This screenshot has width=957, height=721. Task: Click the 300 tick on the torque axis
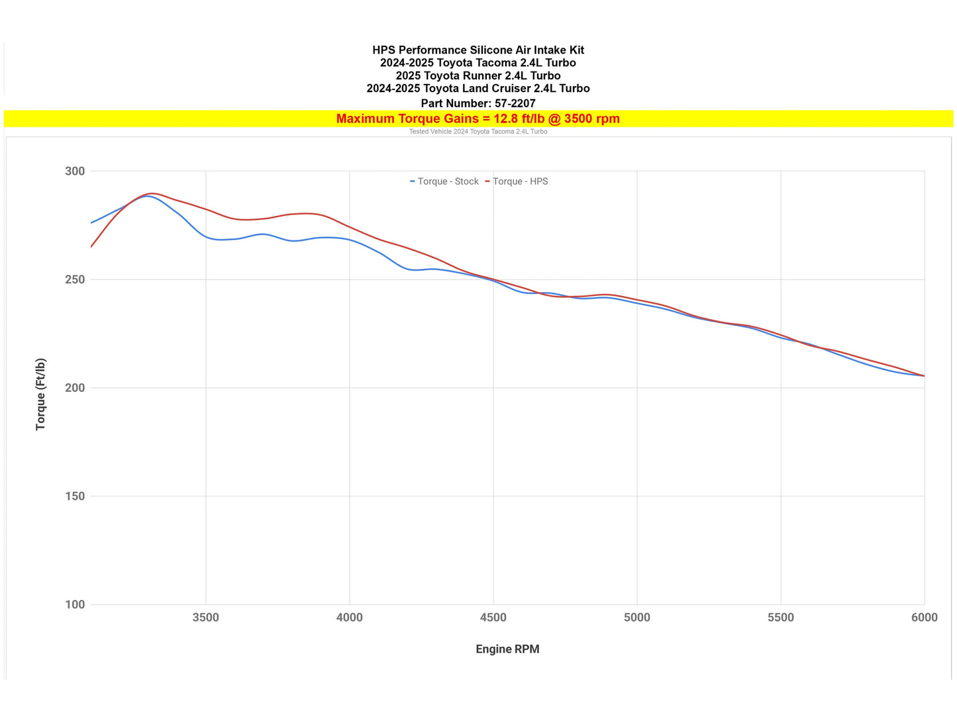click(75, 171)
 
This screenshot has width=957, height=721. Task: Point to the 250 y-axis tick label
click(75, 279)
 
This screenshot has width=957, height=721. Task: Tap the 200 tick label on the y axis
click(75, 388)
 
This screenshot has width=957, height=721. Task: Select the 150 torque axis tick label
click(75, 496)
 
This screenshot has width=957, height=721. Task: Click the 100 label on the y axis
click(75, 604)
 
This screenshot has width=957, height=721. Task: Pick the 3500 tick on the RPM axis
click(205, 618)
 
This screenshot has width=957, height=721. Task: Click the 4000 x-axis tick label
click(349, 618)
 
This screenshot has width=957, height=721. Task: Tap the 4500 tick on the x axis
click(493, 618)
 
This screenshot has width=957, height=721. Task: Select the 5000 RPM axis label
click(636, 618)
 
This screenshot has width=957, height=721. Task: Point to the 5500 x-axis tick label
click(780, 618)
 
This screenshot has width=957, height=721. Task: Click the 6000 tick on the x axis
click(924, 618)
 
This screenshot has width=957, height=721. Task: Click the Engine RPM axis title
click(507, 649)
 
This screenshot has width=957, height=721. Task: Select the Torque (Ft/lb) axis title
click(41, 395)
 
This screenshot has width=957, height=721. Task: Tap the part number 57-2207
click(515, 103)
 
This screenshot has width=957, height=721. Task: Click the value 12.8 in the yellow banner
click(506, 119)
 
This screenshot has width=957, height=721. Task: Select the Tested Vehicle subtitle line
click(478, 132)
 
